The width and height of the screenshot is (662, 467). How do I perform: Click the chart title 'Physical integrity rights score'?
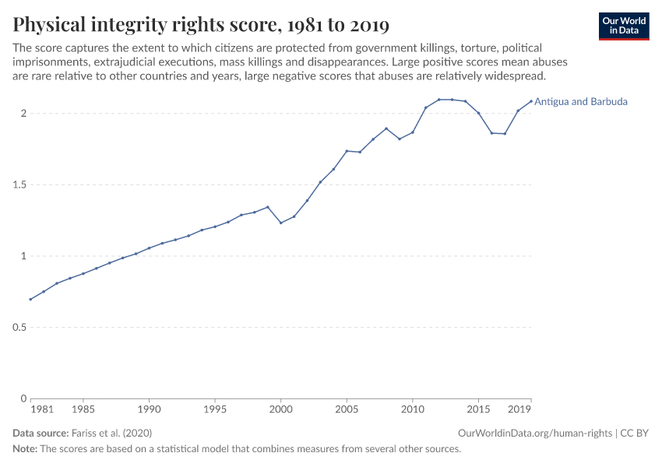coord(201,25)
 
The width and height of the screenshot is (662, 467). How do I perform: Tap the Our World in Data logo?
coord(623,26)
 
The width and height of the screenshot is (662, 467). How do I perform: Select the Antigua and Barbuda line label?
coord(581,101)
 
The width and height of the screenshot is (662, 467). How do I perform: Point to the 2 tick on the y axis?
coord(23,114)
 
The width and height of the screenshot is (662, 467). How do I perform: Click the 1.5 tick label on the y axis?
coord(19,185)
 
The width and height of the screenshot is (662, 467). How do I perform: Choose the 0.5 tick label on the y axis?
coord(19,328)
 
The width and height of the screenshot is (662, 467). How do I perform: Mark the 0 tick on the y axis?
coord(23,399)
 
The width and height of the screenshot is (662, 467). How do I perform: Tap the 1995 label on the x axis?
coord(215,409)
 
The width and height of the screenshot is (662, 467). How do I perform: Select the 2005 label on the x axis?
coord(347,409)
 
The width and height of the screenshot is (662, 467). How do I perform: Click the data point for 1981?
coord(30,300)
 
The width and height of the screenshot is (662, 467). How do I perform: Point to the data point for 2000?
coord(281,223)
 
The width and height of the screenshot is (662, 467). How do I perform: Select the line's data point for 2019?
coord(531,101)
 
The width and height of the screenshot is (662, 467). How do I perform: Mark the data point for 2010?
coord(413,132)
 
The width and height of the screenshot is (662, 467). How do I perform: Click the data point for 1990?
coord(149,248)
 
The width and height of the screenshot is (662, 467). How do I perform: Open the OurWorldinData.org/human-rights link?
coord(535,433)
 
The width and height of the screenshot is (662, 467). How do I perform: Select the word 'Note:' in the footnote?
coord(25,449)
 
